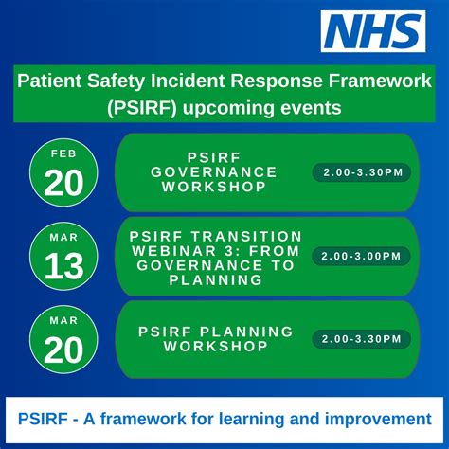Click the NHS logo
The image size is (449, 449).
click(373, 31)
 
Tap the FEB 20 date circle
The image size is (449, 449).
click(63, 172)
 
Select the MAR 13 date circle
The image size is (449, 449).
click(63, 256)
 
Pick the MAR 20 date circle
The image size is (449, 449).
click(63, 339)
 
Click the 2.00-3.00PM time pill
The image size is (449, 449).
click(361, 256)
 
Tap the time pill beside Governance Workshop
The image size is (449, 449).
click(361, 172)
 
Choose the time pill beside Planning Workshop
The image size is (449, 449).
click(361, 339)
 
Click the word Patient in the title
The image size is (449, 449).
click(49, 81)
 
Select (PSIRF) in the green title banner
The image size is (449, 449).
click(142, 108)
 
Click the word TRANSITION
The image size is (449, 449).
click(247, 237)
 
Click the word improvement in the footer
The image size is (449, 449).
click(378, 420)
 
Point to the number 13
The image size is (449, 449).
click(63, 266)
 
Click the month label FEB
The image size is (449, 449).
click(63, 153)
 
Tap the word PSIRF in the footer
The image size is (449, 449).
click(43, 420)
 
